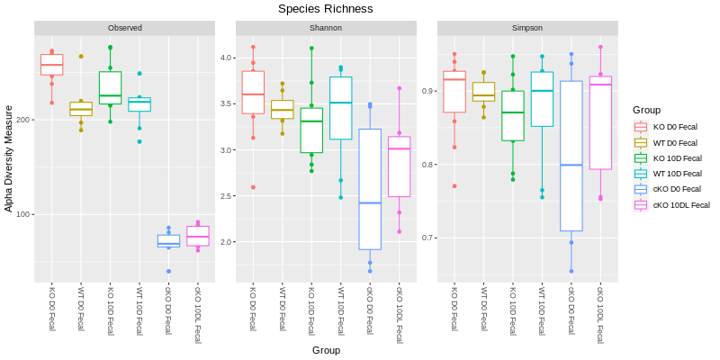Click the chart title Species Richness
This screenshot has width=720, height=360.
325,9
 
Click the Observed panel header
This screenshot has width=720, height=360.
124,28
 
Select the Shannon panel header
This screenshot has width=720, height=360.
325,28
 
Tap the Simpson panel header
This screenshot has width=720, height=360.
526,28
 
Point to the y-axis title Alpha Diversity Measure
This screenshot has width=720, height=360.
9,158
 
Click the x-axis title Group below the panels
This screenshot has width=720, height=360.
326,349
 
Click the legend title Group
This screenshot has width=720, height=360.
646,110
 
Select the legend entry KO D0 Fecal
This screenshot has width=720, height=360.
674,127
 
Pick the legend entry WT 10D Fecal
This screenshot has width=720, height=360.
675,174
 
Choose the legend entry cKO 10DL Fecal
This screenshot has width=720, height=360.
680,205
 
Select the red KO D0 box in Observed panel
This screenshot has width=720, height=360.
51,65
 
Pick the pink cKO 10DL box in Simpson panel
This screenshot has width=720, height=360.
600,122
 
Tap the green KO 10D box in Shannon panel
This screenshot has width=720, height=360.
311,130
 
